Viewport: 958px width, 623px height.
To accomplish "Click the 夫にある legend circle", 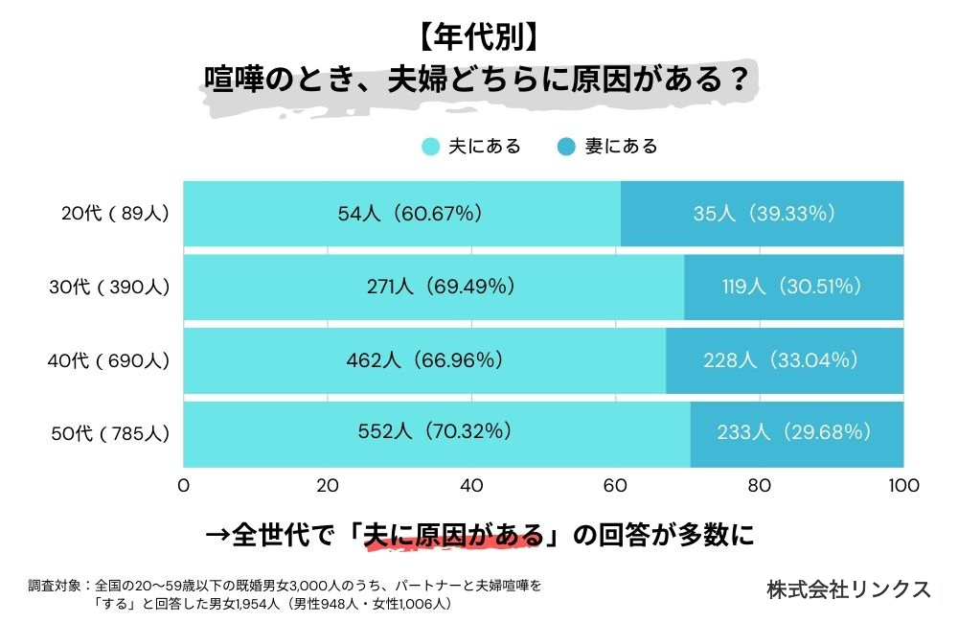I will pyautogui.click(x=431, y=147).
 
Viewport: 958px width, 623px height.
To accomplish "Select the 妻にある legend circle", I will pyautogui.click(x=567, y=147).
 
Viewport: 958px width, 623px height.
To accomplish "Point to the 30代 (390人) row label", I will pyautogui.click(x=108, y=287).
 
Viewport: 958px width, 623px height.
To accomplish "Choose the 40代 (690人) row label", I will pyautogui.click(x=108, y=360).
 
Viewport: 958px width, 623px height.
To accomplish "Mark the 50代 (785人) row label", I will pyautogui.click(x=108, y=433).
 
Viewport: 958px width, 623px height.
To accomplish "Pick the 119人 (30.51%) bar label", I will pyautogui.click(x=792, y=287).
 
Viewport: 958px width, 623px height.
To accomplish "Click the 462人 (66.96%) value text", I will pyautogui.click(x=424, y=360).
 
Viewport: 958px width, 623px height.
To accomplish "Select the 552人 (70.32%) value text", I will pyautogui.click(x=436, y=432).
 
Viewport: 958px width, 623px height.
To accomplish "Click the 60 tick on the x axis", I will pyautogui.click(x=615, y=486).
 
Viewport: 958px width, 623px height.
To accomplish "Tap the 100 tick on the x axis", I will pyautogui.click(x=903, y=486).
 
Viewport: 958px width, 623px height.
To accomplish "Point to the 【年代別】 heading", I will pyautogui.click(x=477, y=36).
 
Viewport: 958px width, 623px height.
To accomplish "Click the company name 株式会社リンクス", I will pyautogui.click(x=849, y=589).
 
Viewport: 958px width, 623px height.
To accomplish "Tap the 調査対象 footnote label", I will pyautogui.click(x=56, y=584).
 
